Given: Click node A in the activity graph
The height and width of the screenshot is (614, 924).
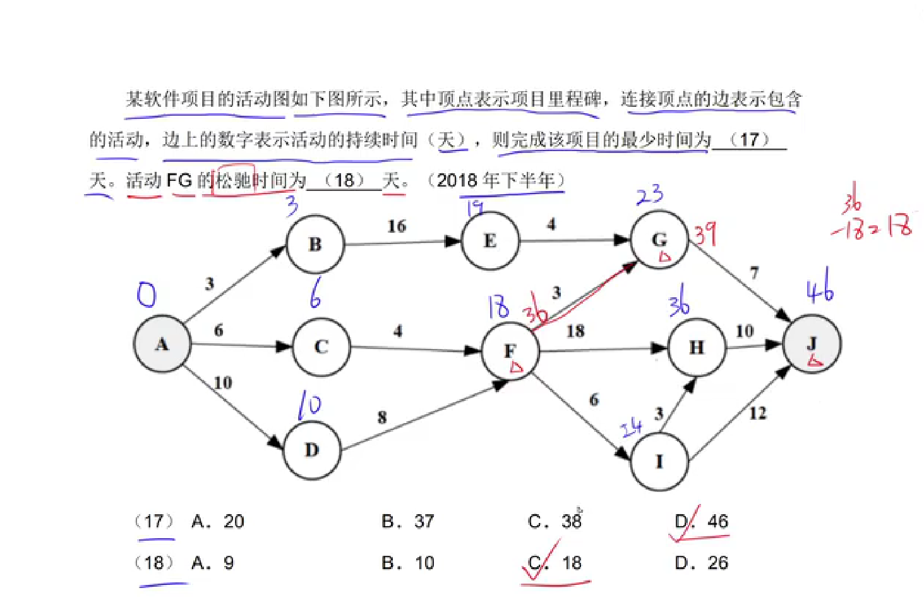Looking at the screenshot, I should pyautogui.click(x=162, y=344).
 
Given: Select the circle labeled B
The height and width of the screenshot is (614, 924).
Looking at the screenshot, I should pyautogui.click(x=315, y=244).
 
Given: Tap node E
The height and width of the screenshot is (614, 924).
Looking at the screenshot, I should pyautogui.click(x=490, y=241).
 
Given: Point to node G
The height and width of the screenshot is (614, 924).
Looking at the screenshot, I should pyautogui.click(x=659, y=240).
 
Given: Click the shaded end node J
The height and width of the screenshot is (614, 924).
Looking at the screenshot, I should pyautogui.click(x=812, y=345).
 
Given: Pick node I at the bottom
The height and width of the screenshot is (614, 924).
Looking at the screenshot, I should pyautogui.click(x=659, y=462).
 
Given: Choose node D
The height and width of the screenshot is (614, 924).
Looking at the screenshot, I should pyautogui.click(x=312, y=450).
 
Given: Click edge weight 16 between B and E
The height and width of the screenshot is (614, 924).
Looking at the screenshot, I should pyautogui.click(x=397, y=226).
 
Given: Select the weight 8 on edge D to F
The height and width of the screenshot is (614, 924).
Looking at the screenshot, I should pyautogui.click(x=382, y=417).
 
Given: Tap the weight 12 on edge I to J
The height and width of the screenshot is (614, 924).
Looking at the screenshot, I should pyautogui.click(x=758, y=414).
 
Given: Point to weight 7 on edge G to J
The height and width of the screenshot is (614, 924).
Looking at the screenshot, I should pyautogui.click(x=754, y=273).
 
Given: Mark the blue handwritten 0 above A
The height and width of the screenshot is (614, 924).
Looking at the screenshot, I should pyautogui.click(x=146, y=295).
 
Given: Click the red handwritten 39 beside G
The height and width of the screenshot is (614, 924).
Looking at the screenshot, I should pyautogui.click(x=706, y=234).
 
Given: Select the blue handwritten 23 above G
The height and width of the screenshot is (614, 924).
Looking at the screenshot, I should pyautogui.click(x=650, y=195).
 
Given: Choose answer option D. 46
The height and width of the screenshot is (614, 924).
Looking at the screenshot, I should pyautogui.click(x=702, y=522).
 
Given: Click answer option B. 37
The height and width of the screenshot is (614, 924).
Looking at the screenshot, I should pyautogui.click(x=408, y=522).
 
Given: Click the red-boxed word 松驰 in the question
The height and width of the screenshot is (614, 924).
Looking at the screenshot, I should pyautogui.click(x=234, y=180).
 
